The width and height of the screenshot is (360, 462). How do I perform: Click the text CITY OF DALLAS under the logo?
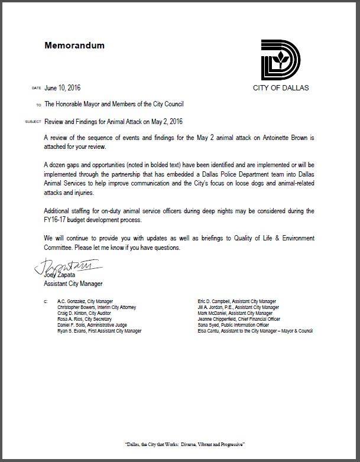(280, 88)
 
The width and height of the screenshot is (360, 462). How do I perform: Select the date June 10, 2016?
(62, 88)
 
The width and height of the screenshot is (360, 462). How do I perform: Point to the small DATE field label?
(36, 89)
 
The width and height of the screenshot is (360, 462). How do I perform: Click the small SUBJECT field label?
(33, 122)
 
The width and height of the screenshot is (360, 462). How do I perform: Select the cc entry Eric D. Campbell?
(237, 301)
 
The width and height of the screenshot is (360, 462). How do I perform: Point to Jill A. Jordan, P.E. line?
(238, 307)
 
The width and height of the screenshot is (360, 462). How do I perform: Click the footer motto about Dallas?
(180, 443)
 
